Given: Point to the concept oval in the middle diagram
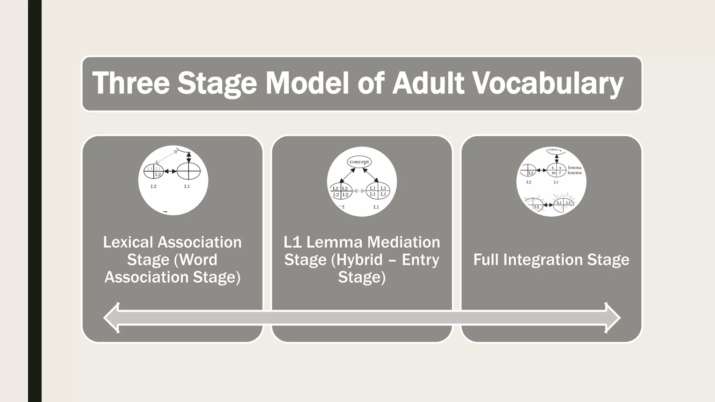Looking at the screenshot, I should tap(359, 162).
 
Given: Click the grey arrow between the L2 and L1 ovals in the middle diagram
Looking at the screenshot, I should tap(359, 191).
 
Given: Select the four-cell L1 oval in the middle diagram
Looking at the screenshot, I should tap(378, 191).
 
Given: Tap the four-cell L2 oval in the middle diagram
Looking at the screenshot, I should tap(341, 191).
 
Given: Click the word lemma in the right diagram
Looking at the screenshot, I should tap(575, 167).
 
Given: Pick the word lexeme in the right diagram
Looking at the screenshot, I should tap(575, 173).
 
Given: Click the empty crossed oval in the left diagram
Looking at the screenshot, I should tap(189, 171).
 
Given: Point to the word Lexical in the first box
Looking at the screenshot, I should tap(128, 242).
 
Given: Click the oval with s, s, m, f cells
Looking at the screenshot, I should tap(556, 170).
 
